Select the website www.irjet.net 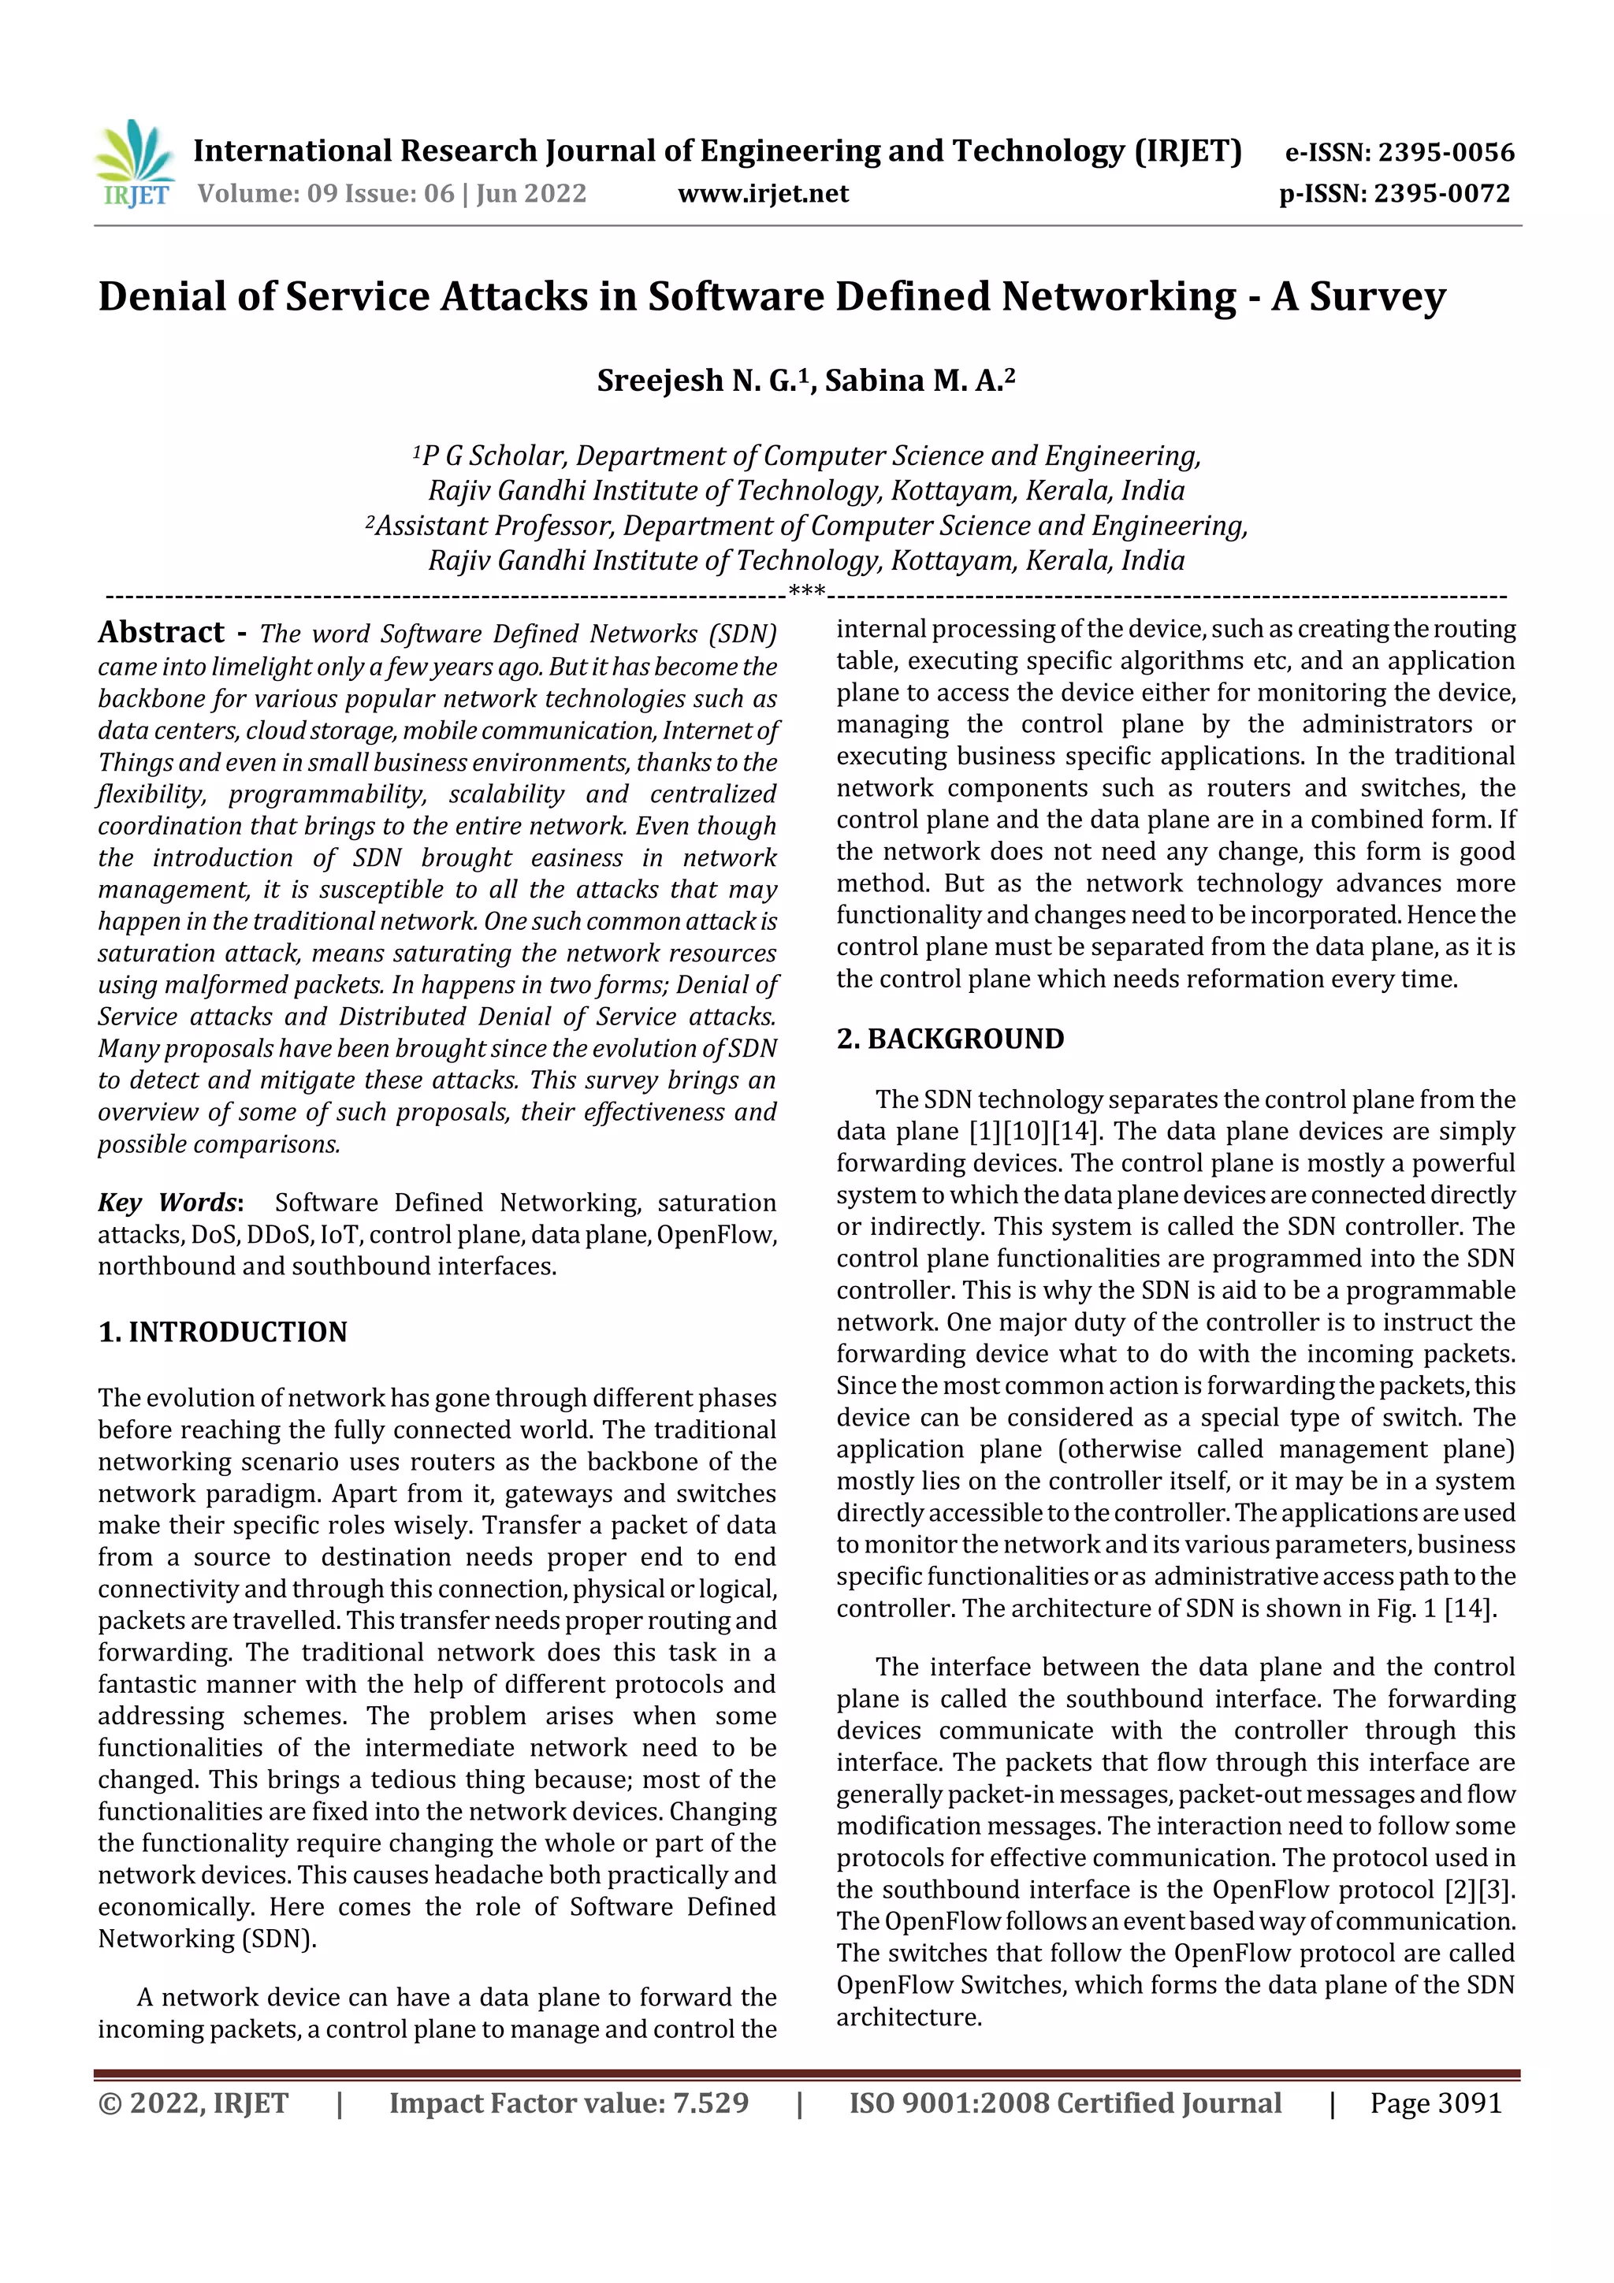click(763, 194)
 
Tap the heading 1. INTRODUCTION click(223, 1333)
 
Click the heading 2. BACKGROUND click(950, 1039)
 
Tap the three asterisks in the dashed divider click(806, 593)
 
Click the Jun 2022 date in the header click(531, 194)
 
